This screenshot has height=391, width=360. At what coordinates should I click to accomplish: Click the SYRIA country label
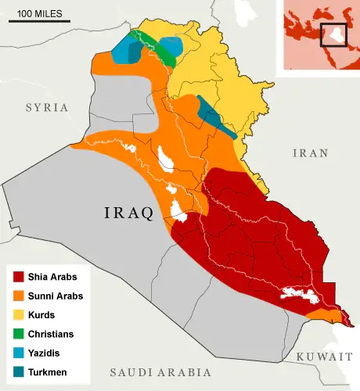pyautogui.click(x=47, y=107)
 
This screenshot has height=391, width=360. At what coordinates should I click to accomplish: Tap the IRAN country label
pyautogui.click(x=310, y=153)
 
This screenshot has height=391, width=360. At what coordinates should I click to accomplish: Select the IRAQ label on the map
pyautogui.click(x=129, y=213)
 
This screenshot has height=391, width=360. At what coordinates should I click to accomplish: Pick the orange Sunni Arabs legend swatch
pyautogui.click(x=18, y=296)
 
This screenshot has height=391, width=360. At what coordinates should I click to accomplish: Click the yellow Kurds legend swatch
pyautogui.click(x=18, y=314)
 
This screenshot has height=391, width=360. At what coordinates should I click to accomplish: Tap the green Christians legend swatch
pyautogui.click(x=18, y=333)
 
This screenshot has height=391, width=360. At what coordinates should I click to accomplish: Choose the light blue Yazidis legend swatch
pyautogui.click(x=18, y=352)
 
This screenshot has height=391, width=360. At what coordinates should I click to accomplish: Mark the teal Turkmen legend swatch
pyautogui.click(x=18, y=371)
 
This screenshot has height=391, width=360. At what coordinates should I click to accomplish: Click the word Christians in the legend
pyautogui.click(x=51, y=334)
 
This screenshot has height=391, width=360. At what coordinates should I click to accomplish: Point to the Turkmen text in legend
pyautogui.click(x=49, y=371)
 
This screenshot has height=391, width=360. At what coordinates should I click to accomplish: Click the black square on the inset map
pyautogui.click(x=333, y=34)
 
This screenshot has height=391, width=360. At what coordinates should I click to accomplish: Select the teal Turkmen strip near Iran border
pyautogui.click(x=214, y=117)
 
